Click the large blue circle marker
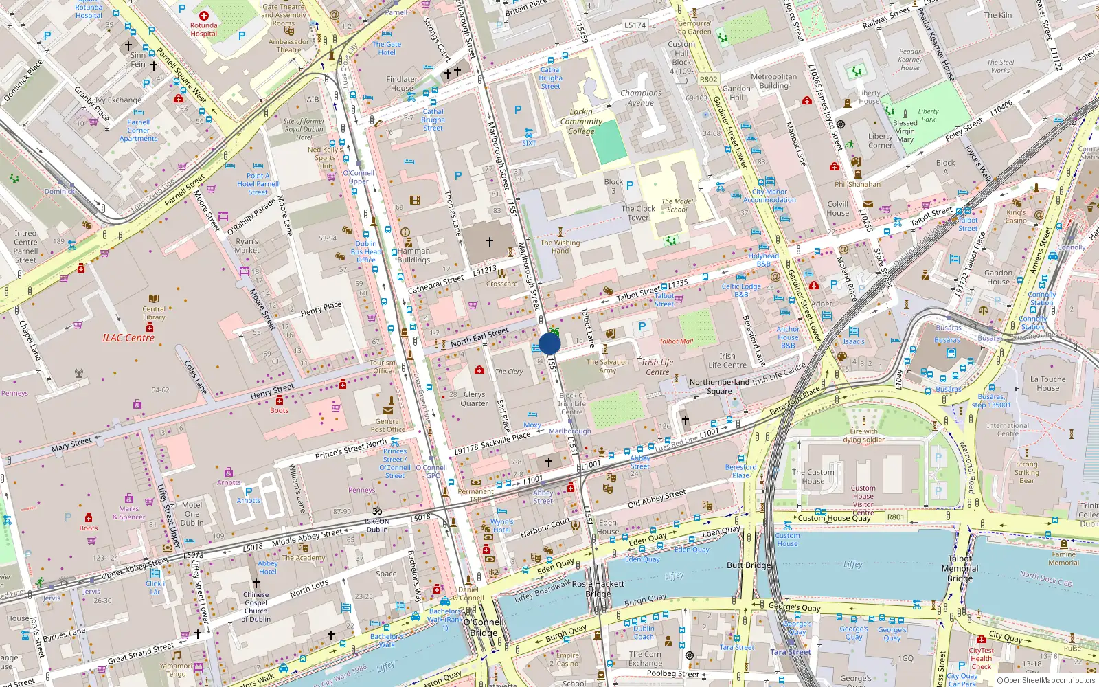click(549, 343)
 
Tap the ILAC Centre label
click(128, 337)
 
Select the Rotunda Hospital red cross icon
click(203, 15)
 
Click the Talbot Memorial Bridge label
click(960, 568)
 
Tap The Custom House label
click(813, 476)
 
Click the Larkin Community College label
click(581, 121)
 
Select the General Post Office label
click(388, 425)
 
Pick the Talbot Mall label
click(676, 341)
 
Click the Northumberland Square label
click(719, 386)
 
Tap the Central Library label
click(154, 313)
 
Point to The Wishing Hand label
click(560, 246)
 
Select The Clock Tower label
click(638, 213)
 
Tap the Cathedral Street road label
click(435, 284)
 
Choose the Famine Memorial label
click(1063, 558)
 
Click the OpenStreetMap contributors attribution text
click(1046, 680)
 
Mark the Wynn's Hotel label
click(501, 526)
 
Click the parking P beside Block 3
click(630, 185)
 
